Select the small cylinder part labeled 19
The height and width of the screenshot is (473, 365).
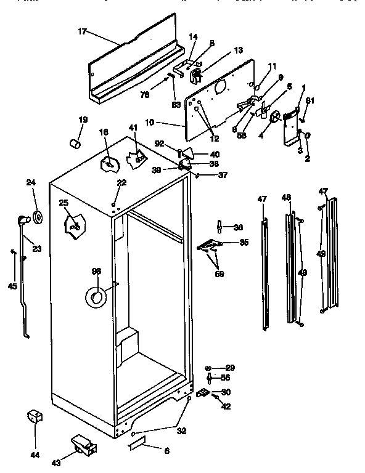click(76, 144)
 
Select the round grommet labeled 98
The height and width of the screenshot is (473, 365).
click(96, 298)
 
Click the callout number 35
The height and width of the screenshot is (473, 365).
click(244, 243)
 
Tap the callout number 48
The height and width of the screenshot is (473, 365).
click(285, 198)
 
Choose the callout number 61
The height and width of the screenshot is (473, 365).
click(310, 101)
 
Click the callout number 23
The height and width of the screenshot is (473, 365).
click(37, 249)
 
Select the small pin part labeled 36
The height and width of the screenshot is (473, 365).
click(219, 228)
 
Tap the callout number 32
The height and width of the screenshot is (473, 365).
click(181, 431)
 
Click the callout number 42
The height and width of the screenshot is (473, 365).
click(226, 406)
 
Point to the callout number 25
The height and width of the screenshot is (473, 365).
click(64, 203)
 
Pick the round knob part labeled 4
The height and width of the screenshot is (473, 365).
click(276, 116)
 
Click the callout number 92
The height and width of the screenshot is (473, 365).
click(159, 144)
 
